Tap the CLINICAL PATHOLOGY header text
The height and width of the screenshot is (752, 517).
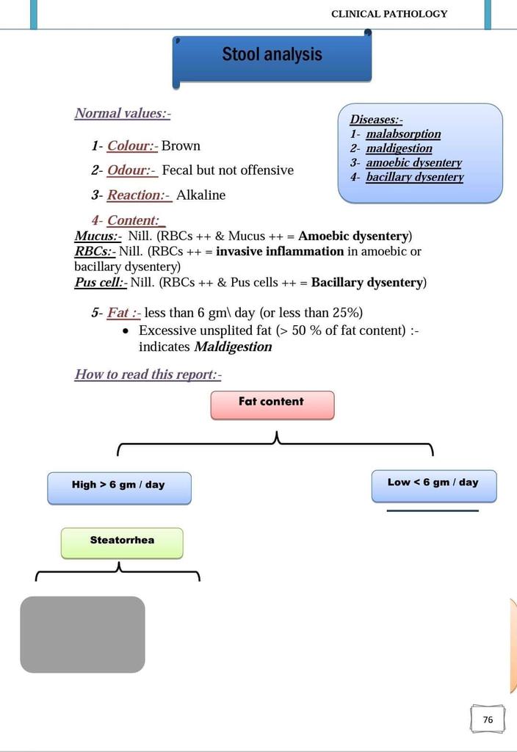coord(389,14)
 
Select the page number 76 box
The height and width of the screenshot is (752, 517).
coord(488,720)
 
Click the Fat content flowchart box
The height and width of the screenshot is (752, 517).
coord(272,405)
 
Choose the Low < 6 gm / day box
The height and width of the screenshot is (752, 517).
coord(433,485)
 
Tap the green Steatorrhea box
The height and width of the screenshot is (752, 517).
coord(122,543)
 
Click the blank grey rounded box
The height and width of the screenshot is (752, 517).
coord(82,634)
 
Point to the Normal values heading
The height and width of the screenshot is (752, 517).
coord(122,113)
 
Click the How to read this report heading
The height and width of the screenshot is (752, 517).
coord(148,375)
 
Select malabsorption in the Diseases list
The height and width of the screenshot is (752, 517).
coord(403,134)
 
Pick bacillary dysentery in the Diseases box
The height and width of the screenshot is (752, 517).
coord(415,177)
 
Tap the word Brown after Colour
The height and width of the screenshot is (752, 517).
coord(181,146)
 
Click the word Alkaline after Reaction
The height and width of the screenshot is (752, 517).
coord(200,195)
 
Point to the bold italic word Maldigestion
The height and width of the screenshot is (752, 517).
coord(233,347)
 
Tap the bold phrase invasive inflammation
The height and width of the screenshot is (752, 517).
coord(280,251)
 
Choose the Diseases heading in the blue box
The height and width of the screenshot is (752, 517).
coord(376,120)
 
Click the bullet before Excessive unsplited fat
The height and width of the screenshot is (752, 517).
coord(126,331)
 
